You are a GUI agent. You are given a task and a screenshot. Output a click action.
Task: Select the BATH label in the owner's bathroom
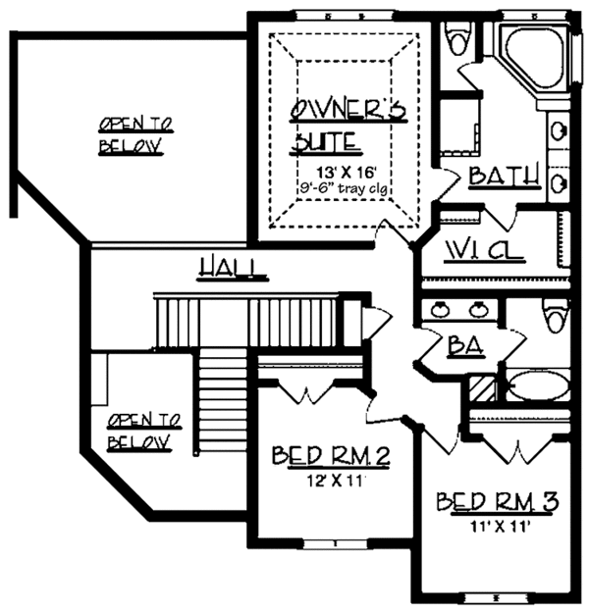tap(504, 177)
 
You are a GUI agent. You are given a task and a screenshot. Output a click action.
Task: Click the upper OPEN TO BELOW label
tap(136, 134)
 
